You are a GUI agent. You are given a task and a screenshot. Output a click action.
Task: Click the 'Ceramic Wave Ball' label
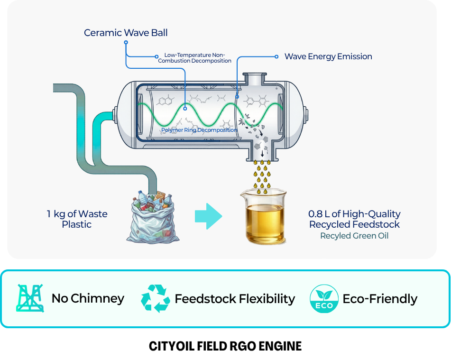(126, 33)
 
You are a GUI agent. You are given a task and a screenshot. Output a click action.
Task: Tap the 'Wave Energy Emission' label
(328, 56)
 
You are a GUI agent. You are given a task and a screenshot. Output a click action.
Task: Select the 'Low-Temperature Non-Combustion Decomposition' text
(194, 58)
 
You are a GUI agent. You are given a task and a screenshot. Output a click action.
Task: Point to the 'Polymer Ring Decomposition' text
(199, 130)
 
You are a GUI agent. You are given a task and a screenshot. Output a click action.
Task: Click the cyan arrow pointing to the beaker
(208, 216)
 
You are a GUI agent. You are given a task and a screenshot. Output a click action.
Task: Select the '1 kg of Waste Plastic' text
(77, 219)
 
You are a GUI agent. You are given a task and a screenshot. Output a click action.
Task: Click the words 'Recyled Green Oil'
(354, 236)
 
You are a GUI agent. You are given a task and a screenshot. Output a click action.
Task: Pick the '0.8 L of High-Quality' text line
(354, 214)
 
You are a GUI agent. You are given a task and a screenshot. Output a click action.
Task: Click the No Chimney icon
(30, 298)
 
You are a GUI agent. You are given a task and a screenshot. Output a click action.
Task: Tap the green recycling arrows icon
(155, 298)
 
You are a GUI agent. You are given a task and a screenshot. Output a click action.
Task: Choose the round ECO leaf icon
(324, 299)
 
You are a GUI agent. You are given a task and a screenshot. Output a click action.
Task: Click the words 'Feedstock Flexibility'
(235, 299)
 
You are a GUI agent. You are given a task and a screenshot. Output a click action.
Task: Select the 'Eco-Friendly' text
(380, 299)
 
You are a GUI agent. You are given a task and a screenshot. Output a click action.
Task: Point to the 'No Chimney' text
(88, 298)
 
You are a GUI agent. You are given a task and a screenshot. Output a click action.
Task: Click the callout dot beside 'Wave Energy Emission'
(277, 56)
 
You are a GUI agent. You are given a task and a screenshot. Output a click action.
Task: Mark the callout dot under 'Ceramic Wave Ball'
(126, 42)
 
